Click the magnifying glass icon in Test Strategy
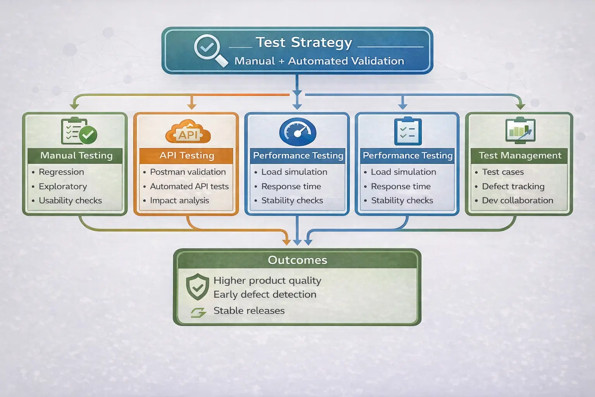[210, 50]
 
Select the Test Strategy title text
[304, 42]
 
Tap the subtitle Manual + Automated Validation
[319, 61]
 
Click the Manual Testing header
[76, 155]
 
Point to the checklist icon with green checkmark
[79, 131]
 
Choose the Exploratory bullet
[62, 186]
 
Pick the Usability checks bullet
[70, 200]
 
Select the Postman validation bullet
[187, 172]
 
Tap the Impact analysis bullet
[179, 200]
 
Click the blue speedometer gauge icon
[297, 132]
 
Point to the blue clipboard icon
[408, 131]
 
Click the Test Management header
[519, 155]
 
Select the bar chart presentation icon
[520, 131]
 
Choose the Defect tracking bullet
[513, 186]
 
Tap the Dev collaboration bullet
[517, 200]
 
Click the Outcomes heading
[297, 260]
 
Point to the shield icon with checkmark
[198, 287]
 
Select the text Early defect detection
[265, 295]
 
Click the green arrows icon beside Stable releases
[198, 312]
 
